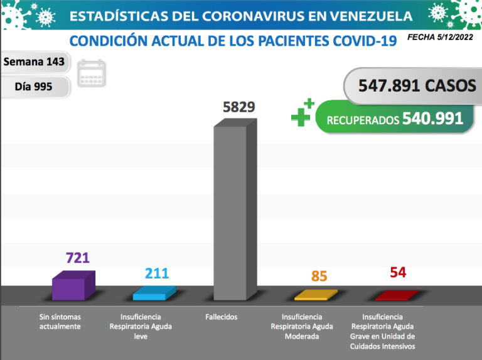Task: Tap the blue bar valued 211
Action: pos(153,295)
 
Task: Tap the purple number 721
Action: pos(78,258)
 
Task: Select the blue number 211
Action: pos(156,273)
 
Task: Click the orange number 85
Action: pos(319,276)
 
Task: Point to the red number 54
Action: pos(397,272)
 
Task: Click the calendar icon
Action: pos(92,73)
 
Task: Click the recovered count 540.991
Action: pos(432,119)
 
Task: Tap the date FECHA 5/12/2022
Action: pos(441,38)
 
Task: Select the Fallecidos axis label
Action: pos(221,317)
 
